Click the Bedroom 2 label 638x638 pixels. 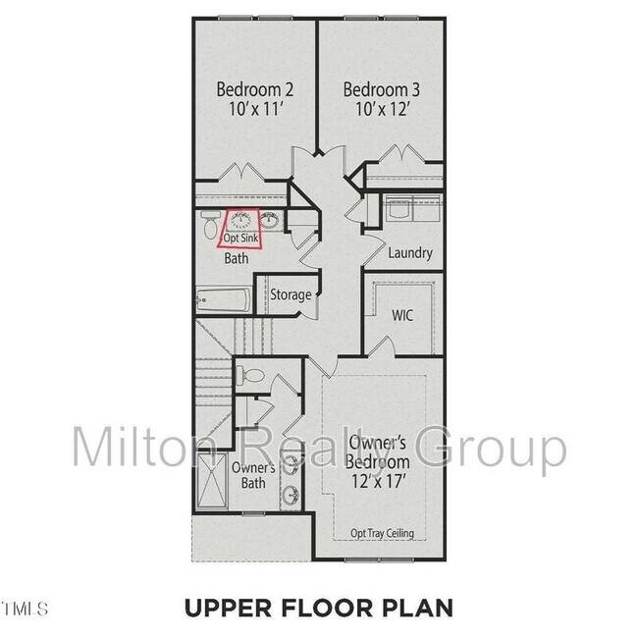(x=255, y=89)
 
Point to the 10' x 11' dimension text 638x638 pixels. (x=255, y=111)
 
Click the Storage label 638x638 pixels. (x=291, y=294)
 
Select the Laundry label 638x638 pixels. (x=409, y=253)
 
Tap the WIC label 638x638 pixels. (x=402, y=316)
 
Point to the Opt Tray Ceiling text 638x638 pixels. (x=382, y=534)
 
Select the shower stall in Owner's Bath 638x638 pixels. (x=211, y=476)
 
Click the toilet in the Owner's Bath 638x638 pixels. (x=252, y=376)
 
